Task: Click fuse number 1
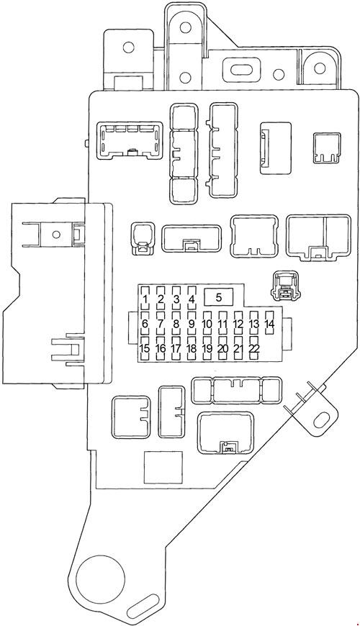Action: click(145, 299)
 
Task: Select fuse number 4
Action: click(192, 299)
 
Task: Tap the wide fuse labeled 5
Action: click(219, 296)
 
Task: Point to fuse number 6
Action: click(145, 324)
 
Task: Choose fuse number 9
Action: click(192, 324)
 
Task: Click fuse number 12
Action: click(238, 324)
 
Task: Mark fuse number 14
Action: click(269, 324)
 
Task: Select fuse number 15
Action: click(145, 349)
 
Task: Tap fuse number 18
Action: click(192, 349)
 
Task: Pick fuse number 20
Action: click(222, 349)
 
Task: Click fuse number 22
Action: click(253, 349)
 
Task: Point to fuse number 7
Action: click(161, 324)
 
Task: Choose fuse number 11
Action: click(222, 324)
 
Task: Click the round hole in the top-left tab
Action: click(129, 48)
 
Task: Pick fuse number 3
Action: click(176, 299)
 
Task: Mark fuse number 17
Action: click(176, 349)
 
